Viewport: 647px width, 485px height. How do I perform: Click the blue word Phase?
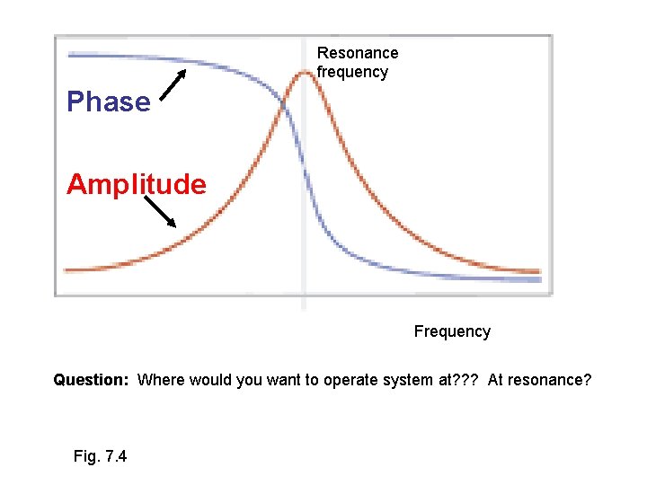coord(109,102)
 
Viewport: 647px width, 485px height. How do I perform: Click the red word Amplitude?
coord(137,185)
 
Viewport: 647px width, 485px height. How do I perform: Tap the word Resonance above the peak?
coord(358,53)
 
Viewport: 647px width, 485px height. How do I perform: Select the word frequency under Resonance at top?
coord(352,72)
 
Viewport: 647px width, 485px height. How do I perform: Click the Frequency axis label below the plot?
coord(452,331)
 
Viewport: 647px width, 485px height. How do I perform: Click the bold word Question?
coord(92,380)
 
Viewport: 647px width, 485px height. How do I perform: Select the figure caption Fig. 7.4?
coord(100,456)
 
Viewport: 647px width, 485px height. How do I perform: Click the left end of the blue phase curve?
coord(71,55)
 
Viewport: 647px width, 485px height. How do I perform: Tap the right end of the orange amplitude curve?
coord(538,270)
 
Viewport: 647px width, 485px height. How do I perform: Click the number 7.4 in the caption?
coord(115,456)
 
